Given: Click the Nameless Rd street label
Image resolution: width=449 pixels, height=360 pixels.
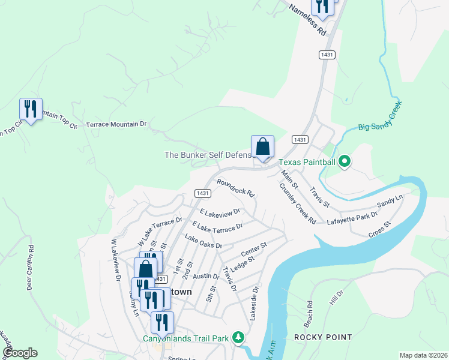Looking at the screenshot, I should tap(307, 20).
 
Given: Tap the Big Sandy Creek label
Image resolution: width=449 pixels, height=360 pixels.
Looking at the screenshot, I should tap(379, 118).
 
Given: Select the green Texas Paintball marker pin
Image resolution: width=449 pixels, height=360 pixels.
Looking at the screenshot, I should tap(345, 161).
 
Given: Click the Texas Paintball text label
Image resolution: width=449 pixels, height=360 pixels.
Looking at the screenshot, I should tap(306, 162).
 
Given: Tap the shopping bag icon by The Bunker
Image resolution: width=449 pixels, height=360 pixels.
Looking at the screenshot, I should tap(262, 146).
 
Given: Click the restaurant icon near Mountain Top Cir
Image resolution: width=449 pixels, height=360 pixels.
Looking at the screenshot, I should tap(31, 109).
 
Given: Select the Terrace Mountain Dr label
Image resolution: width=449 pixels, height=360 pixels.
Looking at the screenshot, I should tap(116, 124).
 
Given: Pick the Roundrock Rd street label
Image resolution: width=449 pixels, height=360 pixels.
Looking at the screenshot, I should tap(236, 188).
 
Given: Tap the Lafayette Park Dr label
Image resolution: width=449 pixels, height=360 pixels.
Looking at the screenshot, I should tap(352, 218).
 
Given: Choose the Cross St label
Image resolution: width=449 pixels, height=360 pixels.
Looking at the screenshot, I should tap(379, 229).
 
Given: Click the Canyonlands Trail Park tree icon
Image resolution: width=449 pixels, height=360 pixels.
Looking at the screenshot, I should tap(238, 338).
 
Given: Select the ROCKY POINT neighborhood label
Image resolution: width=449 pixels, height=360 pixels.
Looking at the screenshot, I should tap(323, 337).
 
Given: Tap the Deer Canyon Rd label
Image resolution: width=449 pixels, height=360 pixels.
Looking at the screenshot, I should tap(30, 268).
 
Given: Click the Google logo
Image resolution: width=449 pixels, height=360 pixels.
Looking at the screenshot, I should tap(20, 352).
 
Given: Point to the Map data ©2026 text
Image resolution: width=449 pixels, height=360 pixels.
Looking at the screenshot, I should tap(423, 355).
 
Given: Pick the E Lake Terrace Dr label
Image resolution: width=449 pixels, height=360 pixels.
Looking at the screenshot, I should tap(217, 227).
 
